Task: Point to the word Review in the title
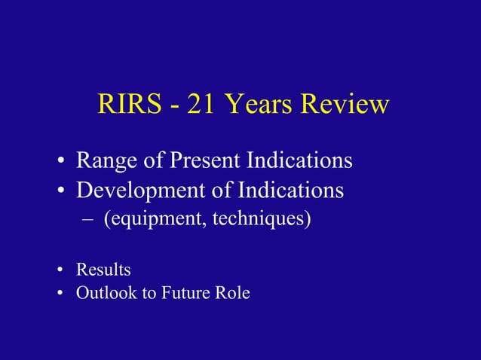click(x=345, y=105)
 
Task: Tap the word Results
click(x=103, y=269)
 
